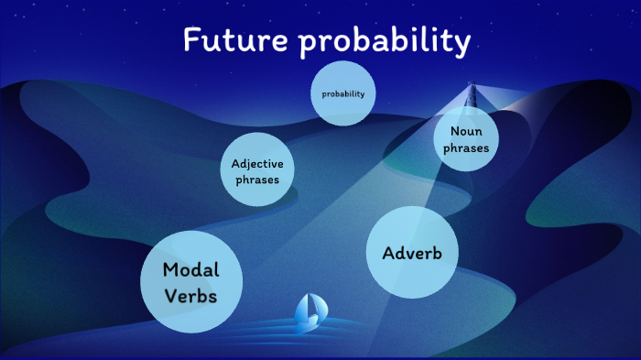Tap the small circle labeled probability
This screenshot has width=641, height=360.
click(343, 93)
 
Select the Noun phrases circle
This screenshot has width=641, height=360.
click(465, 138)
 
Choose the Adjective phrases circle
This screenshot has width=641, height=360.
click(257, 170)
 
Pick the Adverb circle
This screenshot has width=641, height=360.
click(411, 253)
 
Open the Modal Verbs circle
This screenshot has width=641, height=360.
click(190, 282)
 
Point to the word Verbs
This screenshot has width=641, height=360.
click(190, 297)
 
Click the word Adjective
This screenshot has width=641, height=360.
click(257, 163)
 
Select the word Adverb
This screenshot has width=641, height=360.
click(411, 253)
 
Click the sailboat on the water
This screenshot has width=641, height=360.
click(309, 312)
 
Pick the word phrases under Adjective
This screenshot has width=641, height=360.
click(257, 180)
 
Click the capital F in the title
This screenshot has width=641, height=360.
click(190, 40)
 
